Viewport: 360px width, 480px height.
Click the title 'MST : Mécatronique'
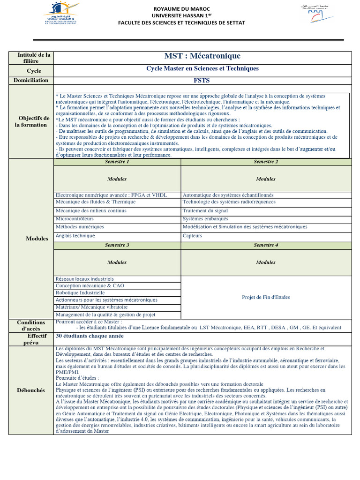point(202,56)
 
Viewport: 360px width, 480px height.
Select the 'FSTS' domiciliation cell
point(202,80)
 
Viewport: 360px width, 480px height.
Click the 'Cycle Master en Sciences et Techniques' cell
point(202,68)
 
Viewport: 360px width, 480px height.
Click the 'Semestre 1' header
point(117,162)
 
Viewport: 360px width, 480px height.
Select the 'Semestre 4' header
point(266,245)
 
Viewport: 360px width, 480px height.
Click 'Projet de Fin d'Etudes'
point(266,297)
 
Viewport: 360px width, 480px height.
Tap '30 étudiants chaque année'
point(90,336)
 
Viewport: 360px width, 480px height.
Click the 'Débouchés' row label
point(31,390)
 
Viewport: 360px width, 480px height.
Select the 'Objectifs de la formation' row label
point(31,121)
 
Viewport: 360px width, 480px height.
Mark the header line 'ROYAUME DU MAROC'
point(181,9)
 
